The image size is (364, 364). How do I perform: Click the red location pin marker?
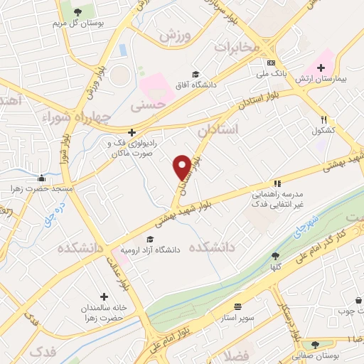tap(182, 167)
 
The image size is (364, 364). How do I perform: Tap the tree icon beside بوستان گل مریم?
tap(77, 12)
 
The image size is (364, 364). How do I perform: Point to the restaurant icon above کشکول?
tap(324, 119)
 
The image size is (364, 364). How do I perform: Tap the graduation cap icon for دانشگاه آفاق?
tap(194, 74)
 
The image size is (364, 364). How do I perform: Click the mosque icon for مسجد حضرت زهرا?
tap(42, 178)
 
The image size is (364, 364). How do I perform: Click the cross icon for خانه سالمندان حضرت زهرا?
tap(105, 296)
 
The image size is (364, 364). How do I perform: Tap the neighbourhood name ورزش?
tap(176, 34)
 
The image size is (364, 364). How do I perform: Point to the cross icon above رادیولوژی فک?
tap(132, 132)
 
